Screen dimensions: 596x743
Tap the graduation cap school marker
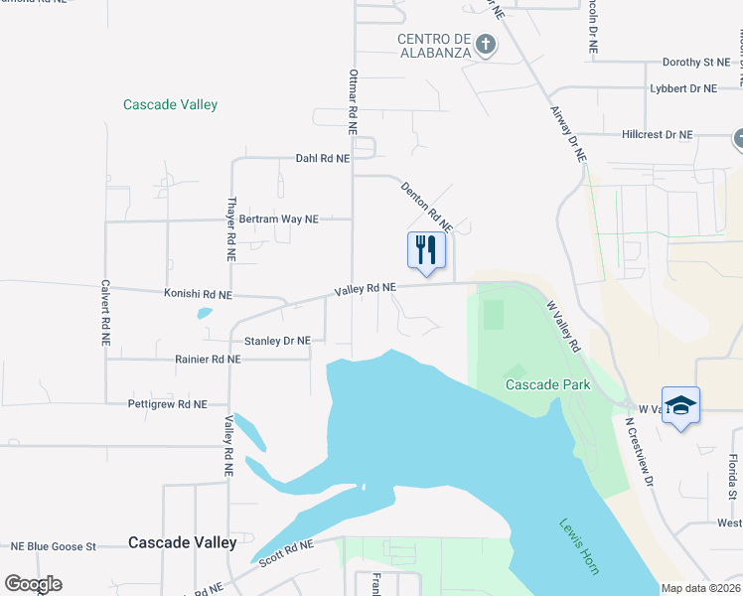point(680,404)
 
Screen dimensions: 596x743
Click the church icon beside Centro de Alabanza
point(485,45)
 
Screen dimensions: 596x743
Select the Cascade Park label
point(547,384)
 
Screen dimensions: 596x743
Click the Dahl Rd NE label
point(323,158)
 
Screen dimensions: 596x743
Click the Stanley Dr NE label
point(277,341)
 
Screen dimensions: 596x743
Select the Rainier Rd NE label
point(207,360)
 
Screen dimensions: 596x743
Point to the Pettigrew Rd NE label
point(167,404)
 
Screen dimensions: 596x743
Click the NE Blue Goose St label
point(53,546)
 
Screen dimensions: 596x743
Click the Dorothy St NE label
point(695,62)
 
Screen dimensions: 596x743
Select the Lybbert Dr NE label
point(682,88)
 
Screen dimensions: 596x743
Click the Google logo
point(33,584)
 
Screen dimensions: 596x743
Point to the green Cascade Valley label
point(170,104)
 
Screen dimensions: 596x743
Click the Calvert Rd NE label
point(104,311)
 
